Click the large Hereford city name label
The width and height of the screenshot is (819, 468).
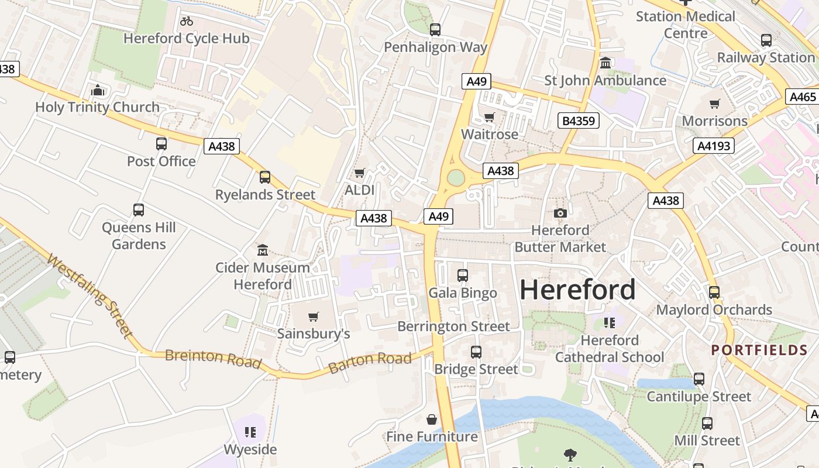(x=577, y=290)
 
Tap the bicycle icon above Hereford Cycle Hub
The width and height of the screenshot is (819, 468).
(x=187, y=22)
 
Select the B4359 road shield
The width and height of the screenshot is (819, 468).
(x=579, y=121)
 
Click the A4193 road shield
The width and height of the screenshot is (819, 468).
(x=714, y=146)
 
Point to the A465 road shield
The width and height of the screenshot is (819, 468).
(x=802, y=97)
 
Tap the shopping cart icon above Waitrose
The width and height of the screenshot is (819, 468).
(x=490, y=118)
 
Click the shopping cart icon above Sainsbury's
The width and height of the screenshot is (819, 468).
(x=314, y=317)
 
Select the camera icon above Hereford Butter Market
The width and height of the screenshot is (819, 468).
(x=560, y=214)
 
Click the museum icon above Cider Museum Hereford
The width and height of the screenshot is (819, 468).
(x=263, y=250)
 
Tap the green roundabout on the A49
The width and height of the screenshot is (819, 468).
(x=456, y=178)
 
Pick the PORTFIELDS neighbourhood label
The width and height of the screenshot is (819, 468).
(x=759, y=350)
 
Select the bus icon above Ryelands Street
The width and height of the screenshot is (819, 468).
(x=265, y=177)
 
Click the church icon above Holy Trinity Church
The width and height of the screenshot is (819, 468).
(x=98, y=91)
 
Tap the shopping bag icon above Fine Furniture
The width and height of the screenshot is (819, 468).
(x=432, y=419)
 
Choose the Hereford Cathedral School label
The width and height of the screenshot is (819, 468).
(x=610, y=349)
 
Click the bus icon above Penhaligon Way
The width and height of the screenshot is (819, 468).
(x=435, y=30)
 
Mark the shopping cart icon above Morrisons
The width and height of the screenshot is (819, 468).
(x=714, y=104)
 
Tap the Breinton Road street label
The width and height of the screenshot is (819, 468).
(x=213, y=359)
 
